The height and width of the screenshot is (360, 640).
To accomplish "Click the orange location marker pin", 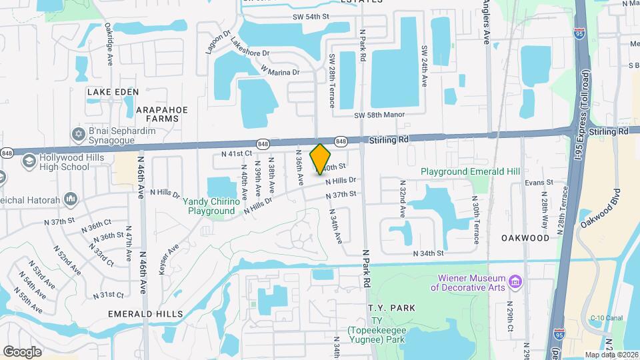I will tap(321, 159).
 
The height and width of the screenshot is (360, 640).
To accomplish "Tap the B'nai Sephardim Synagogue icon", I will tap(78, 135).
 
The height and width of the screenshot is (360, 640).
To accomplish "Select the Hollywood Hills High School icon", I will tap(29, 161).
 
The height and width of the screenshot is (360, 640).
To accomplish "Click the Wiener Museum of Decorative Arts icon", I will tap(515, 282).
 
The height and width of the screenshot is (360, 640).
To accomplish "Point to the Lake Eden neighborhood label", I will tap(113, 91).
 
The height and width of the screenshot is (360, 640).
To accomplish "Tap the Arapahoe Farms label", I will tap(162, 114).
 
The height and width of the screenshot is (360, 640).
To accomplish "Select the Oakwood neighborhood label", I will tap(526, 237).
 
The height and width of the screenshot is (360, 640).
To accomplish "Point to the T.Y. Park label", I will tap(391, 308).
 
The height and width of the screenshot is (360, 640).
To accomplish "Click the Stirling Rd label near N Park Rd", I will tap(388, 140).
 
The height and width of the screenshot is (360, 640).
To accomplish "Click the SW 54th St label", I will tap(311, 17).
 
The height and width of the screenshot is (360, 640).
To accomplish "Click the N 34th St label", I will tap(428, 253).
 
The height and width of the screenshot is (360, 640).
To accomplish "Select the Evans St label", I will tap(539, 182).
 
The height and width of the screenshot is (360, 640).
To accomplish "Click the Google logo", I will tap(22, 352).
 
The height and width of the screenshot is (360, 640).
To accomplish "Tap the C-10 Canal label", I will tap(605, 319).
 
